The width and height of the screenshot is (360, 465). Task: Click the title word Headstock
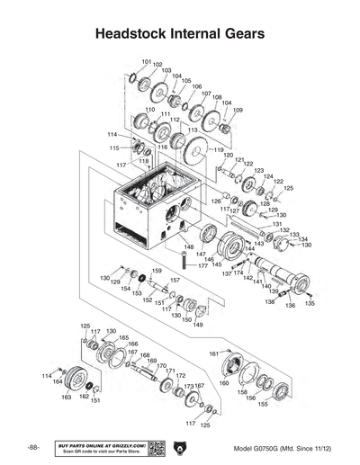click(x=137, y=34)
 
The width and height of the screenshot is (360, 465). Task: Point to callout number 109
click(x=238, y=111)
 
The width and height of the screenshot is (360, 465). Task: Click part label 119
click(x=218, y=149)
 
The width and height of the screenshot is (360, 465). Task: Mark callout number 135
click(x=310, y=304)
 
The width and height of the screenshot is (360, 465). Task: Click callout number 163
click(x=67, y=397)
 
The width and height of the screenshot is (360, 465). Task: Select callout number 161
click(x=213, y=353)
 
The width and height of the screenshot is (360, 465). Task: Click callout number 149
click(x=197, y=325)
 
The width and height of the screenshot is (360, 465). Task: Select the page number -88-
click(x=33, y=448)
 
